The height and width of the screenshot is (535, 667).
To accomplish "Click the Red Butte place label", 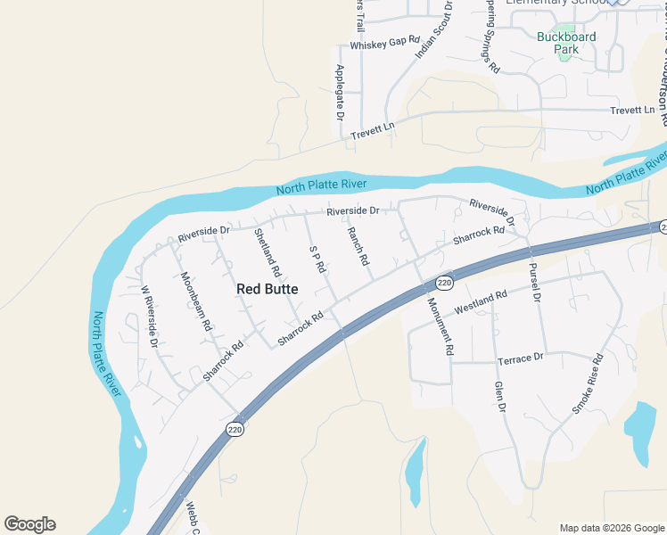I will tap(268, 289).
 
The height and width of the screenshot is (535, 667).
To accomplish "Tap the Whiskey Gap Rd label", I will tap(384, 43).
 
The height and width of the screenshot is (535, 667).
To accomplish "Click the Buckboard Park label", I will tap(566, 43).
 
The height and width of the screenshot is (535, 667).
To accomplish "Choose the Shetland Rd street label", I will tap(268, 251).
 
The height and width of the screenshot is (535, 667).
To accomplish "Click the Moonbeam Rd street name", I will tap(195, 301).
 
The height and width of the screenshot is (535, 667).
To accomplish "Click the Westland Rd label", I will tap(481, 301).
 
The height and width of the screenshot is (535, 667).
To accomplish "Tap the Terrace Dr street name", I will tap(520, 358).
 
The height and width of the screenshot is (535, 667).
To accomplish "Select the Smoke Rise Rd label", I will tap(589, 383).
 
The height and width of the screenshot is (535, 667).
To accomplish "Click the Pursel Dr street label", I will tap(535, 283).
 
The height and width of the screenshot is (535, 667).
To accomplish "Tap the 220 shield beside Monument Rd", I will tap(445, 283).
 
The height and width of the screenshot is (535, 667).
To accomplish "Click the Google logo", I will tap(29, 524).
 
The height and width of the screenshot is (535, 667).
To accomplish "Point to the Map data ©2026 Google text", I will tap(611, 528).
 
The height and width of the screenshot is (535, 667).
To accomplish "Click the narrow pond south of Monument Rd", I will tap(414, 473).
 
